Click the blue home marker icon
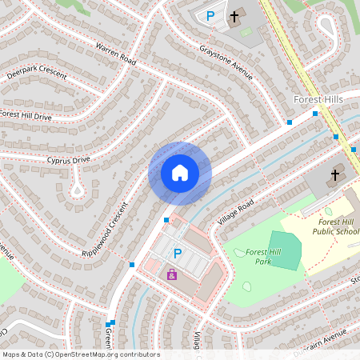[x=180, y=173]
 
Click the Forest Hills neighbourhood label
[x=318, y=99]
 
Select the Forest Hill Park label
[x=263, y=257]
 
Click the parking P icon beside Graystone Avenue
[x=210, y=15]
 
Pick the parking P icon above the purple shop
[x=177, y=253]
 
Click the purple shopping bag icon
[x=171, y=274]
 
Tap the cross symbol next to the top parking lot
[x=235, y=15]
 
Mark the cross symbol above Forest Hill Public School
[x=335, y=174]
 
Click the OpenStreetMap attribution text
[x=80, y=354]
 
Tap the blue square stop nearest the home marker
[x=166, y=219]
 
